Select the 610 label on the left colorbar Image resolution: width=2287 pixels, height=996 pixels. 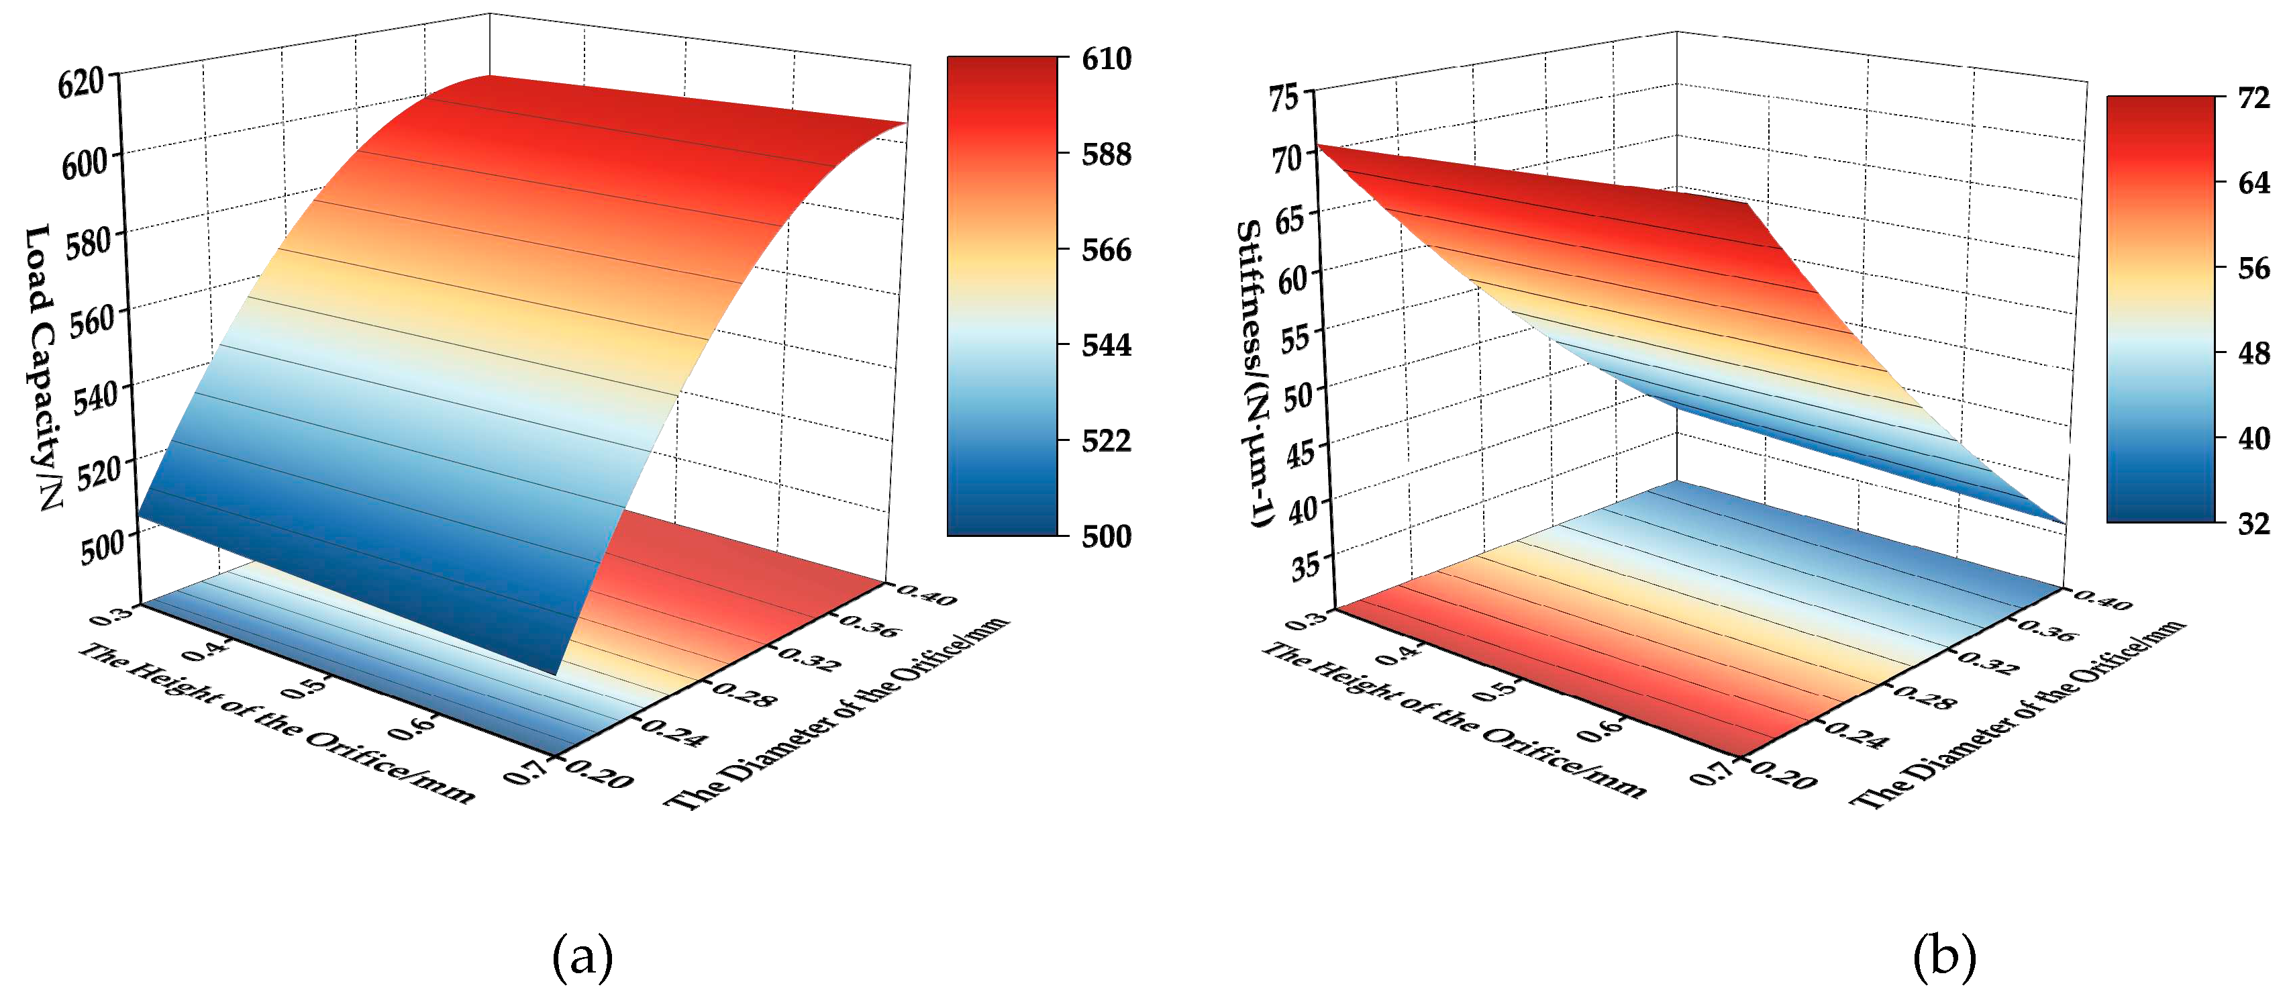[x=1106, y=60]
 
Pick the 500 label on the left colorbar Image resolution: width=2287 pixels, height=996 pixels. [x=1106, y=536]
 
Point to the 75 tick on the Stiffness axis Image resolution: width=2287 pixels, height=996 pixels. [x=1284, y=97]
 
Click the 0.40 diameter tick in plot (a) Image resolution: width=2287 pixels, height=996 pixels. [x=927, y=595]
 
